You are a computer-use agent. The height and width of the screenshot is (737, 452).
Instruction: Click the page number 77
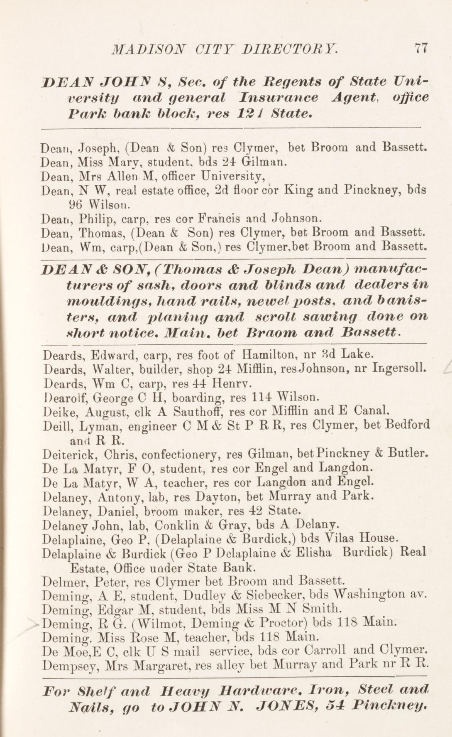(x=420, y=49)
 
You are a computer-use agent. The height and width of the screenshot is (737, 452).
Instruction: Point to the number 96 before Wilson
(x=76, y=204)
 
